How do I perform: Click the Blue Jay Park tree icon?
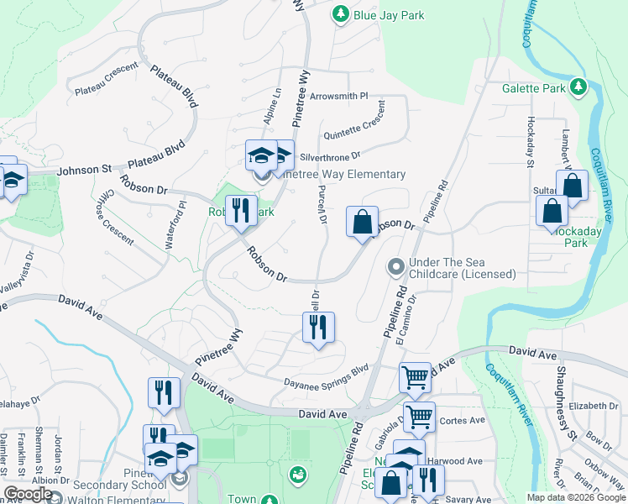pyautogui.click(x=341, y=14)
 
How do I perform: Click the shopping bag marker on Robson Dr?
pyautogui.click(x=362, y=223)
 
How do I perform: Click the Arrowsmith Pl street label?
pyautogui.click(x=339, y=97)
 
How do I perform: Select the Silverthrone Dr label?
pyautogui.click(x=330, y=155)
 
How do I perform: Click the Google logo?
pyautogui.click(x=29, y=494)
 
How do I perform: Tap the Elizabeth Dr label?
pyautogui.click(x=593, y=406)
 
